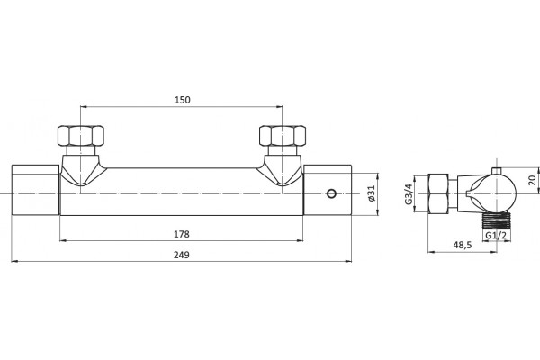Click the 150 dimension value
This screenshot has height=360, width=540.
tap(182, 100)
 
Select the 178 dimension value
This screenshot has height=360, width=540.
tap(182, 234)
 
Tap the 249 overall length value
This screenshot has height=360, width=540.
tap(182, 255)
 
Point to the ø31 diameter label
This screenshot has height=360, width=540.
tap(371, 193)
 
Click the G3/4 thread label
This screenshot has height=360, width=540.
tap(409, 194)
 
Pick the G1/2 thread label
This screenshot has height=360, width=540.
tap(496, 236)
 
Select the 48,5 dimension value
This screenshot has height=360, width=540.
tap(463, 246)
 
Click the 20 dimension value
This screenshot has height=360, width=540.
tap(533, 180)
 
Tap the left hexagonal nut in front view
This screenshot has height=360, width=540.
tap(81, 135)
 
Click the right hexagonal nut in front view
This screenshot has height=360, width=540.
tap(283, 135)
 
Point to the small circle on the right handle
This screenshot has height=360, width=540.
tap(331, 193)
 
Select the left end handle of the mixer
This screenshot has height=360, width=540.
tap(36, 190)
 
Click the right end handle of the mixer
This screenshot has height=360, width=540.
tap(328, 190)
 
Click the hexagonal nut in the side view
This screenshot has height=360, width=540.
tap(438, 194)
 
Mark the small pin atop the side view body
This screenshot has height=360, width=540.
tap(496, 171)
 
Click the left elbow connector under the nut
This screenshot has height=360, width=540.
tap(81, 170)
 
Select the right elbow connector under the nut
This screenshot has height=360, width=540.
tap(283, 170)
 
